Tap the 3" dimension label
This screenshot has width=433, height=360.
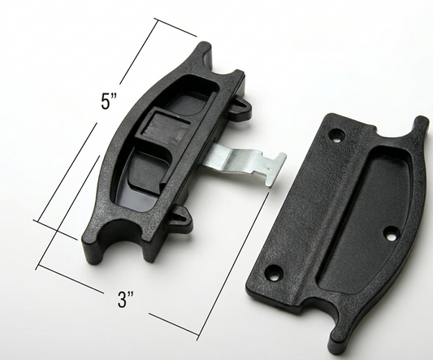coord(126,300)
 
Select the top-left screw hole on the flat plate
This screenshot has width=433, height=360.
coord(336,136)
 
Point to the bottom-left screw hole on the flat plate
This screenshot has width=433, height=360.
coord(274,272)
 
